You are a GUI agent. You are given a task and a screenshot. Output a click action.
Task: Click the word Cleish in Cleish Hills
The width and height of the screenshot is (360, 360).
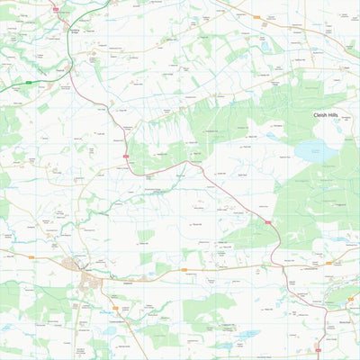click(321, 116)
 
